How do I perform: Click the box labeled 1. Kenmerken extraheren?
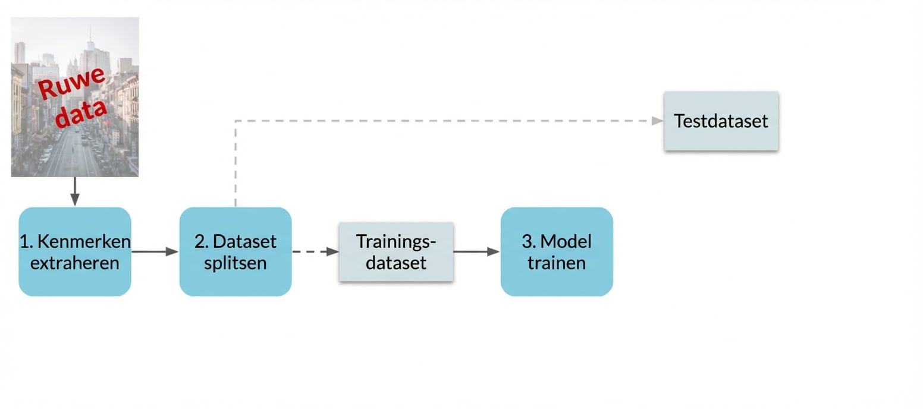pyautogui.click(x=75, y=251)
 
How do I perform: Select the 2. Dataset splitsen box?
pyautogui.click(x=236, y=251)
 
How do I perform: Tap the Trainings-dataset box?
pyautogui.click(x=396, y=251)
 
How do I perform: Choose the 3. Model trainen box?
pyautogui.click(x=557, y=251)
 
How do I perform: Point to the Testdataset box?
pyautogui.click(x=721, y=121)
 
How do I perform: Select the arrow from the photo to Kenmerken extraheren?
pyautogui.click(x=75, y=191)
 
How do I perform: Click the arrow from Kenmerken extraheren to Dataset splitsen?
pyautogui.click(x=155, y=251)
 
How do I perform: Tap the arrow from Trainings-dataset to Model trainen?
pyautogui.click(x=476, y=251)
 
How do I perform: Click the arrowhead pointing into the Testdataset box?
pyautogui.click(x=657, y=121)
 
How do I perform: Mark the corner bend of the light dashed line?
pyautogui.click(x=236, y=121)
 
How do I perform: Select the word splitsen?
pyautogui.click(x=236, y=262)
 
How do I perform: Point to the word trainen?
pyautogui.click(x=557, y=262)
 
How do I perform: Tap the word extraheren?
pyautogui.click(x=75, y=262)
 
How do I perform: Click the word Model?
pyautogui.click(x=566, y=241)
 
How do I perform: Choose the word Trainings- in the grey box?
pyautogui.click(x=396, y=241)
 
